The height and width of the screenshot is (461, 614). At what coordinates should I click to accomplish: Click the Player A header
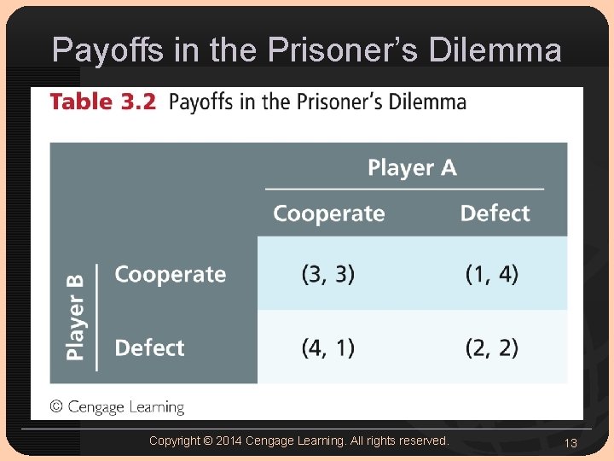412,168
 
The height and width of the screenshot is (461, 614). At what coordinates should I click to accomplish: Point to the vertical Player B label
76,317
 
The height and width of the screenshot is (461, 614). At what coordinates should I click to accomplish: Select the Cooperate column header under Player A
328,213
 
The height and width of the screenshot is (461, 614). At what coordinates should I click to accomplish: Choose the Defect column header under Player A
495,213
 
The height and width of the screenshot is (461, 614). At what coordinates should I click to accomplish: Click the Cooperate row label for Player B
170,275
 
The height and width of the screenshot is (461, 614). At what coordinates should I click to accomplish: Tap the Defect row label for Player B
149,348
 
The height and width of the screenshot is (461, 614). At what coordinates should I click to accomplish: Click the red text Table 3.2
102,102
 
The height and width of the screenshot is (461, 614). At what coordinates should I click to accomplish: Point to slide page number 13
571,442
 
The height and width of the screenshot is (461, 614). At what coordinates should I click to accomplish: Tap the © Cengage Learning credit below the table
117,407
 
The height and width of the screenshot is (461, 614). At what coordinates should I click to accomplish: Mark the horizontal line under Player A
404,190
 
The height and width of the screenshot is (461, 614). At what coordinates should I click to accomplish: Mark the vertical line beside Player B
97,317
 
